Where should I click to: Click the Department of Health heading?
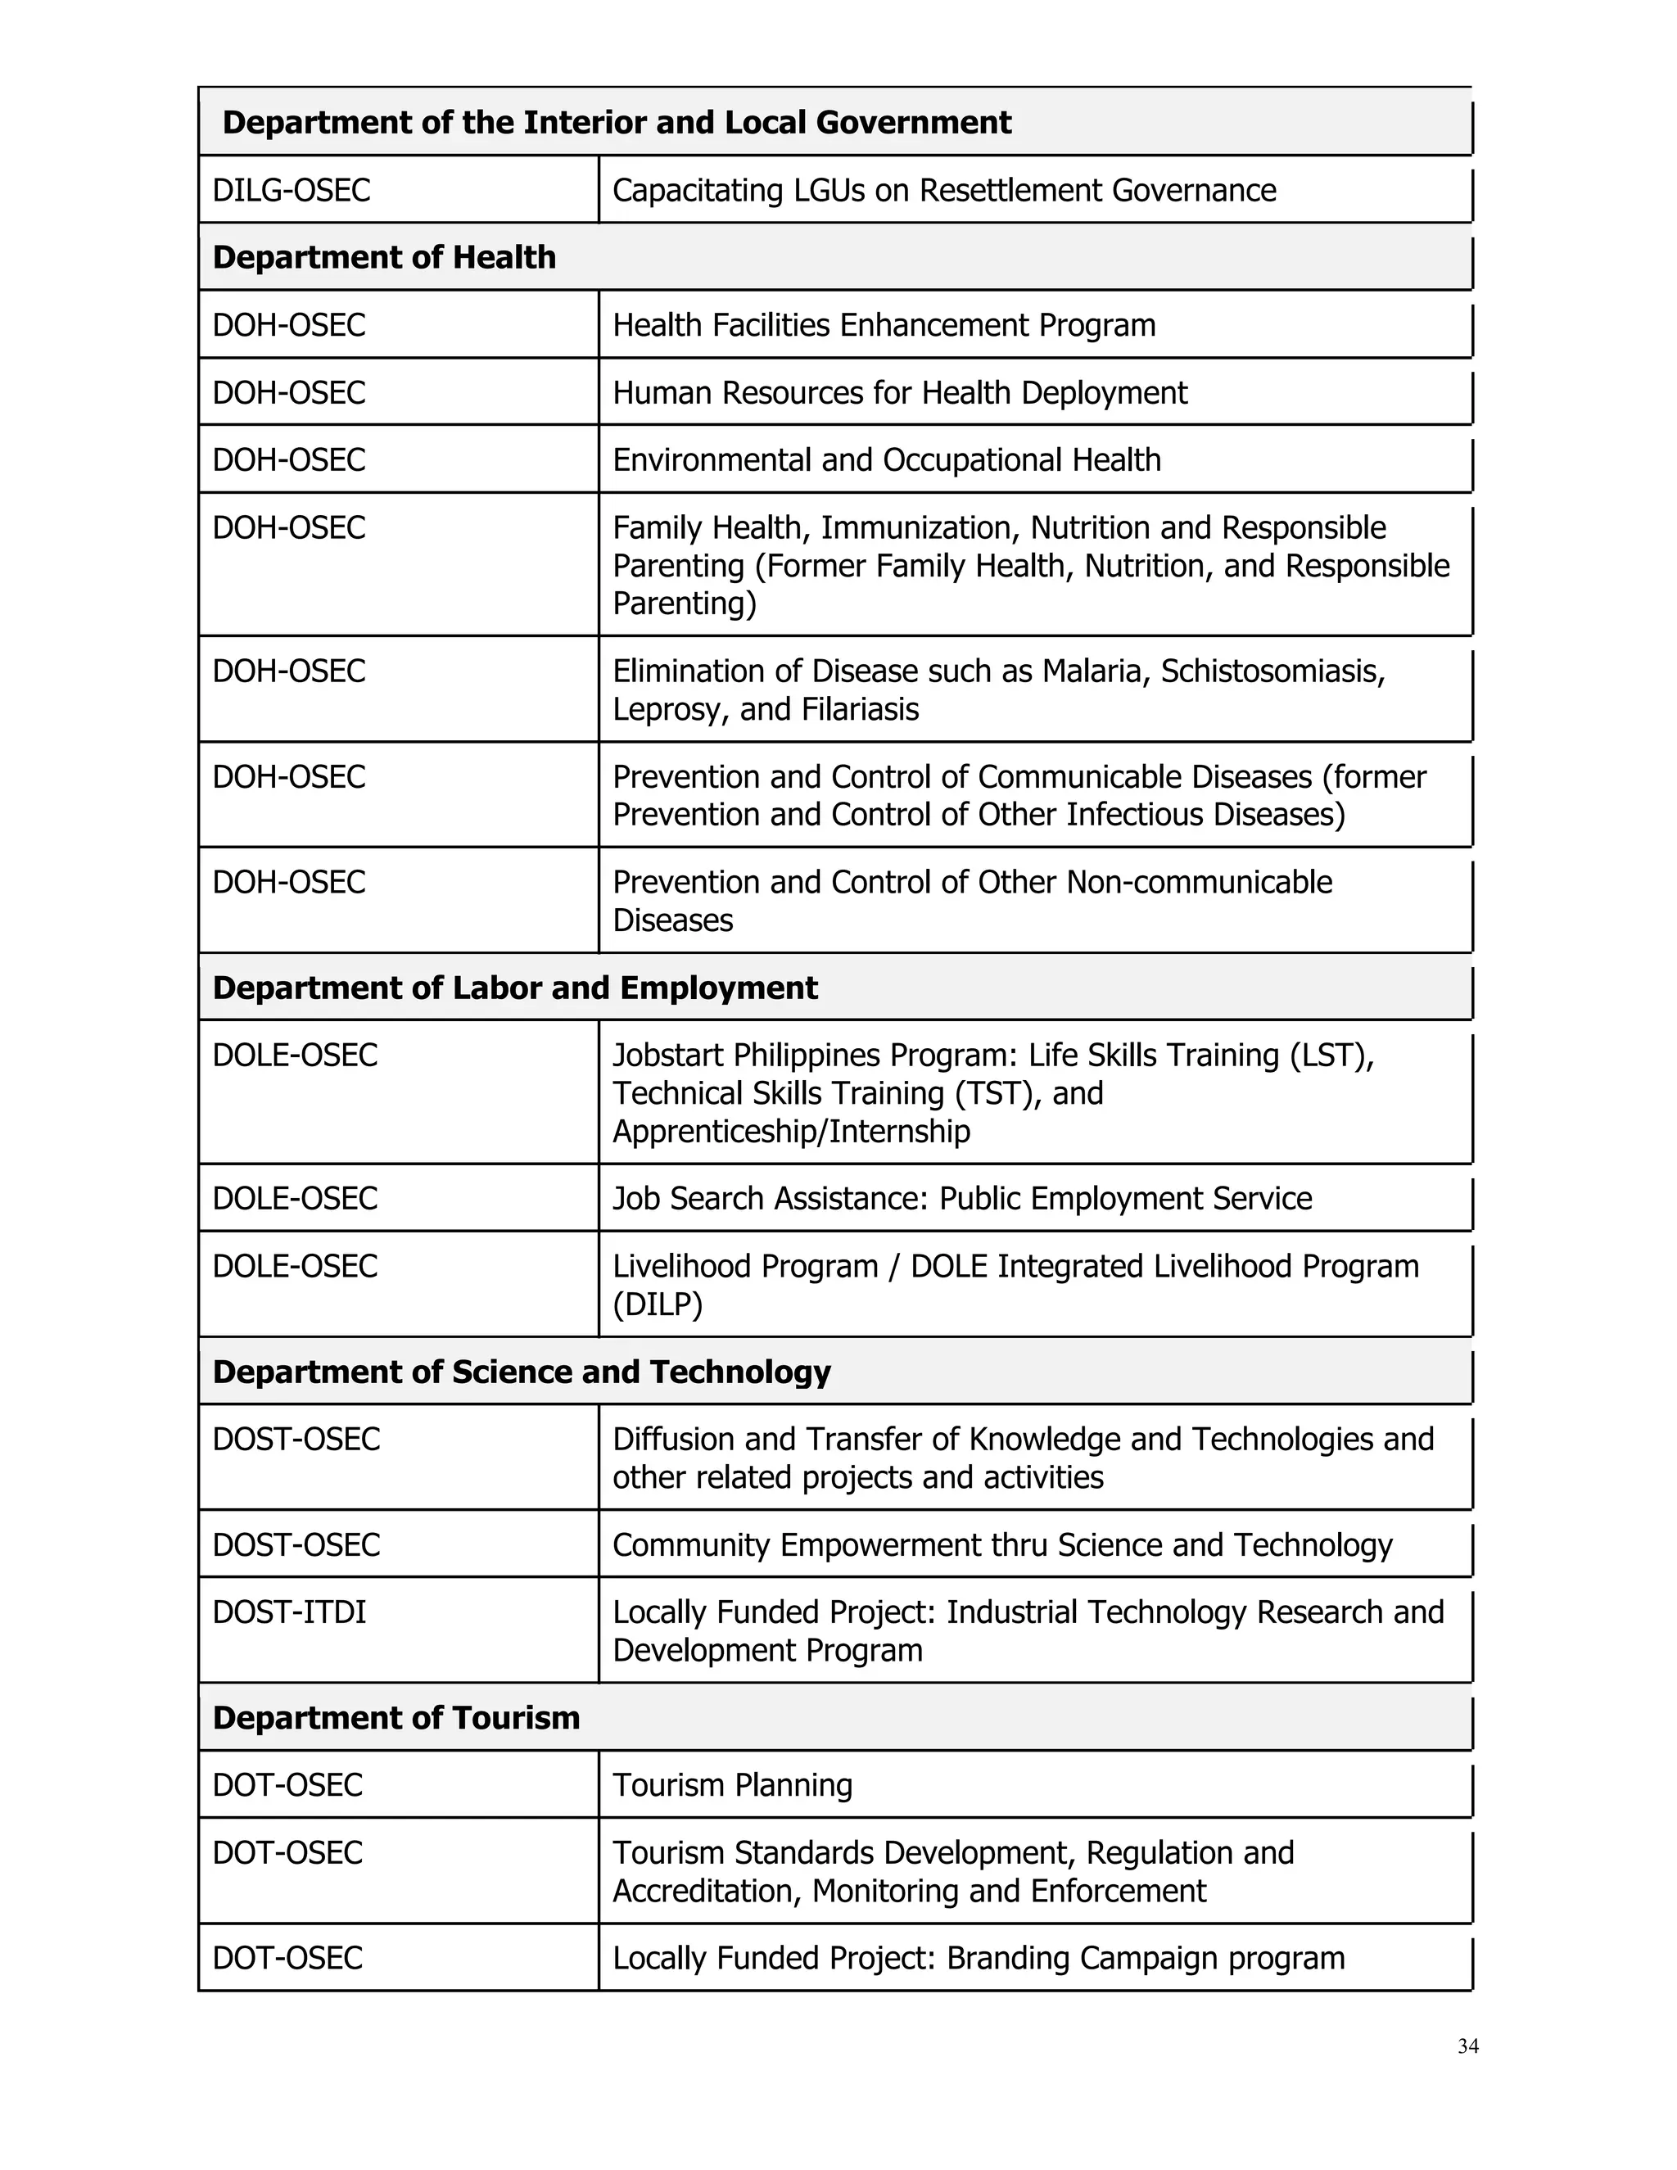coord(385,257)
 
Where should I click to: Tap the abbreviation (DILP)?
coord(658,1304)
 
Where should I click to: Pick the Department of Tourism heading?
coord(396,1718)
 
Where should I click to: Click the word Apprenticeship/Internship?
coord(791,1131)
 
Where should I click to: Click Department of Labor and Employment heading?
coord(514,988)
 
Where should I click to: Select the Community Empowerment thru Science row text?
coord(1001,1545)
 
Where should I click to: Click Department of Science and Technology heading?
coord(522,1372)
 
